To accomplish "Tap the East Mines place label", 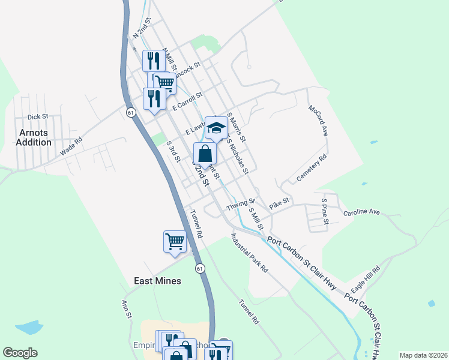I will pyautogui.click(x=157, y=281).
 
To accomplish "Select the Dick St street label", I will pyautogui.click(x=37, y=117).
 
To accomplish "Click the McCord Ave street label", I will pyautogui.click(x=318, y=121).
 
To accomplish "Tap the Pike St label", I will pyautogui.click(x=279, y=205).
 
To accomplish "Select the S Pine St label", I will pyautogui.click(x=325, y=212).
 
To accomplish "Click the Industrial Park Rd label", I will pyautogui.click(x=250, y=254).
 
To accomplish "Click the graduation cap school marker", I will pyautogui.click(x=217, y=127).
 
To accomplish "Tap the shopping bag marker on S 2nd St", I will pyautogui.click(x=205, y=154).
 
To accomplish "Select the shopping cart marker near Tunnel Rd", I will pyautogui.click(x=175, y=242).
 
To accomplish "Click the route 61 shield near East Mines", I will pyautogui.click(x=200, y=268).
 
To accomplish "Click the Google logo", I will pyautogui.click(x=20, y=353).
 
